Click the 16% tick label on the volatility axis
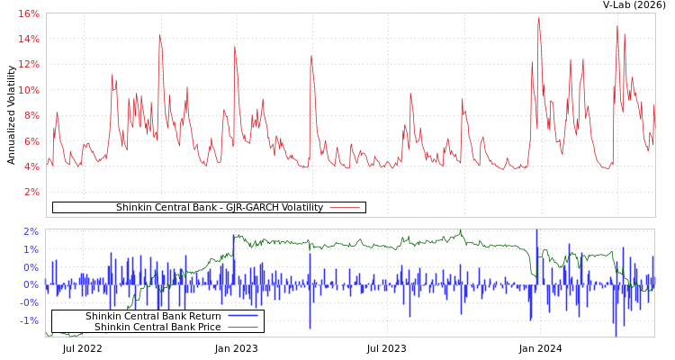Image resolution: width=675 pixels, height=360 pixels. coord(28,13)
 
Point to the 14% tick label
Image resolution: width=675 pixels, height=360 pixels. coord(28,39)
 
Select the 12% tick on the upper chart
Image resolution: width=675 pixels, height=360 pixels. coord(28,65)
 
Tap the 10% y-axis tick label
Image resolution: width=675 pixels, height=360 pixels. coord(28,90)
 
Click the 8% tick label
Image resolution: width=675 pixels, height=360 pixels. coord(31,115)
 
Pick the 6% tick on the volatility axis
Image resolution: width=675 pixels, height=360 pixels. coord(31,141)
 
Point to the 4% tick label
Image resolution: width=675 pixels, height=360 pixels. coord(31,166)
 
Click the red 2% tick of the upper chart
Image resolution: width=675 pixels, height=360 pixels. coord(31,192)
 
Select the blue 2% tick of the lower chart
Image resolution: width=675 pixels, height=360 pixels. coord(31,231)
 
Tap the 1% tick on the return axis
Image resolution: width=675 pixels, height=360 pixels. coord(31,249)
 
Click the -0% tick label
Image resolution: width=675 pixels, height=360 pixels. coord(29,302)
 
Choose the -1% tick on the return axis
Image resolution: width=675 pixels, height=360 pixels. coord(29,320)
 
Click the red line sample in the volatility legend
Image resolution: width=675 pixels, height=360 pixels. coord(345,208)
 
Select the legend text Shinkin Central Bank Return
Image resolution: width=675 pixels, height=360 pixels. coord(153,316)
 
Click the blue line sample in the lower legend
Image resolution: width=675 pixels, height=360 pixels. coord(243,316)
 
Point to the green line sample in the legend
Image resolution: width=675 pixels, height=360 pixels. coord(243,327)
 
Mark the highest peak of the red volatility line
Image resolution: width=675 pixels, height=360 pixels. coord(539,18)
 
